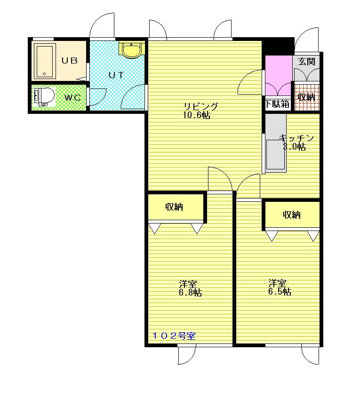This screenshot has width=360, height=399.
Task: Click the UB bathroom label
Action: tap(70, 61)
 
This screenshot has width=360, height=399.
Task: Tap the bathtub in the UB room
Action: tap(45, 61)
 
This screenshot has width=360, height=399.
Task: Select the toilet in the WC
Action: tap(44, 96)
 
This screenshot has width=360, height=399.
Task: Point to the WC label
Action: tap(72, 97)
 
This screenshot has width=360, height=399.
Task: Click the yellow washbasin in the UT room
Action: tap(132, 49)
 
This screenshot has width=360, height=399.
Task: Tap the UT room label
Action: tap(116, 75)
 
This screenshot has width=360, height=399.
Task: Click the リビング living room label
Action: tap(201, 106)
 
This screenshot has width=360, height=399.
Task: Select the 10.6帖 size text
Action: tap(196, 115)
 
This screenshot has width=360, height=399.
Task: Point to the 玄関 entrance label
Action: tap(306, 62)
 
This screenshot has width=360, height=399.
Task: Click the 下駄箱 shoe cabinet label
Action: tap(277, 104)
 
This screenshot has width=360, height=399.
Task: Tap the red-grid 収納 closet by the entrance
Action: tap(307, 97)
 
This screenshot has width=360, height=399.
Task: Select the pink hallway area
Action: tap(278, 76)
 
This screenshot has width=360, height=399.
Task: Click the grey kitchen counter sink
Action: tap(276, 142)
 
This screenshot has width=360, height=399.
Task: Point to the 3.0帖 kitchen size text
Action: tap(295, 147)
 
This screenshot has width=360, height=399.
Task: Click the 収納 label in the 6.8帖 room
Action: tap(174, 207)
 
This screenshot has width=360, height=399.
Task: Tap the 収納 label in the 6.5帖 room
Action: tap(292, 215)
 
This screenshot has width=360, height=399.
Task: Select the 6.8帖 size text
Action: tap(190, 293)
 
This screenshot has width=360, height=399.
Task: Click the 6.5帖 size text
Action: tap(280, 291)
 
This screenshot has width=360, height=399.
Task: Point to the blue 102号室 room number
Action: tap(174, 336)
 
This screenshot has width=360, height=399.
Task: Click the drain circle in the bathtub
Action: tap(44, 74)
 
